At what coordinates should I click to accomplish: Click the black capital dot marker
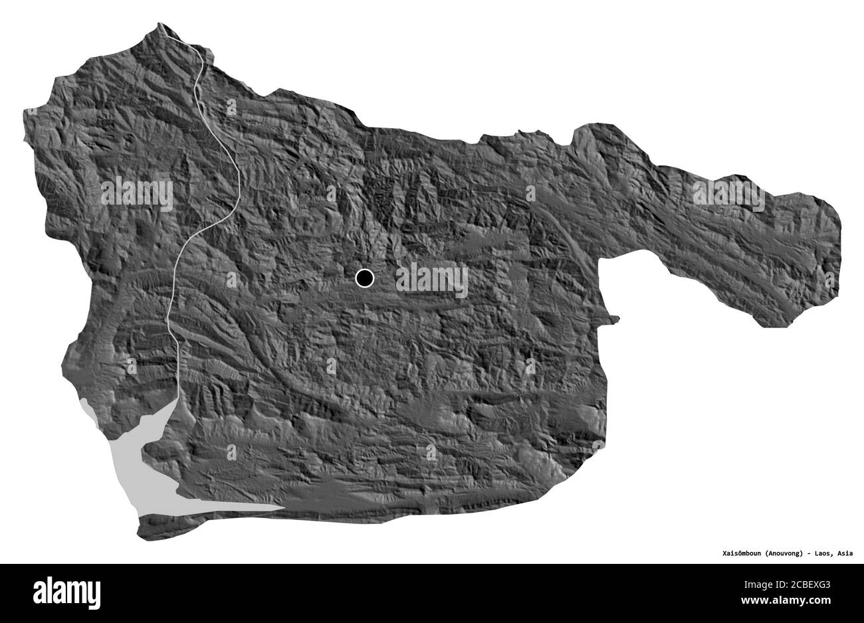click(364, 278)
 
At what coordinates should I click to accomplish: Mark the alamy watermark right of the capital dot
click(432, 280)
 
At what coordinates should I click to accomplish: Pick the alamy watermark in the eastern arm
click(728, 195)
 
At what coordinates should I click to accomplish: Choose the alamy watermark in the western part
click(137, 195)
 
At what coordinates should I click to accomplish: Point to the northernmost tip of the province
click(160, 25)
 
